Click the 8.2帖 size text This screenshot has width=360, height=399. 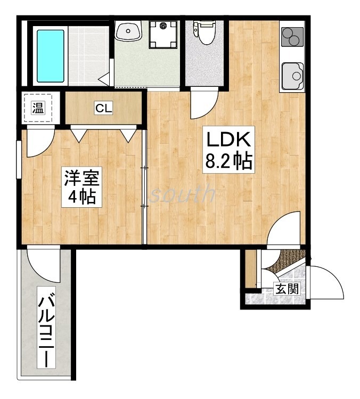click(228, 160)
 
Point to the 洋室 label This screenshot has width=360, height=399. click(82, 177)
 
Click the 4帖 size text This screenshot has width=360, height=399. click(82, 197)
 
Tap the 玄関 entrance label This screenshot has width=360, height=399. click(287, 290)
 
